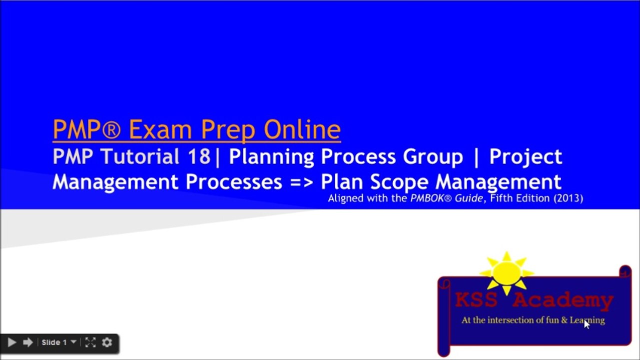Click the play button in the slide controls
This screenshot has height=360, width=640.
[x=12, y=342]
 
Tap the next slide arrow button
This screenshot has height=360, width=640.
[x=28, y=342]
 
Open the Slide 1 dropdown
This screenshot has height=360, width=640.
[x=58, y=342]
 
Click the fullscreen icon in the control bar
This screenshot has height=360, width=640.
[x=90, y=342]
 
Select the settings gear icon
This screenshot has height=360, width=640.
[x=107, y=342]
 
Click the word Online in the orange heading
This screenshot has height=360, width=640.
[x=302, y=129]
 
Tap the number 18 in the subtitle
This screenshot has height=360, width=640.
[x=199, y=157]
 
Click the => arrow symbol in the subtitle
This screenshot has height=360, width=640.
[x=301, y=181]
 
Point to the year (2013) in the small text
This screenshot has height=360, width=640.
[x=568, y=198]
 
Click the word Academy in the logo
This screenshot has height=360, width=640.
[x=563, y=300]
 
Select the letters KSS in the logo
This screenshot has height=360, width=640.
[x=476, y=300]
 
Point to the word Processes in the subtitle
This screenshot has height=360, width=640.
[x=234, y=181]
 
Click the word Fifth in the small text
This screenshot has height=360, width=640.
[x=501, y=198]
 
